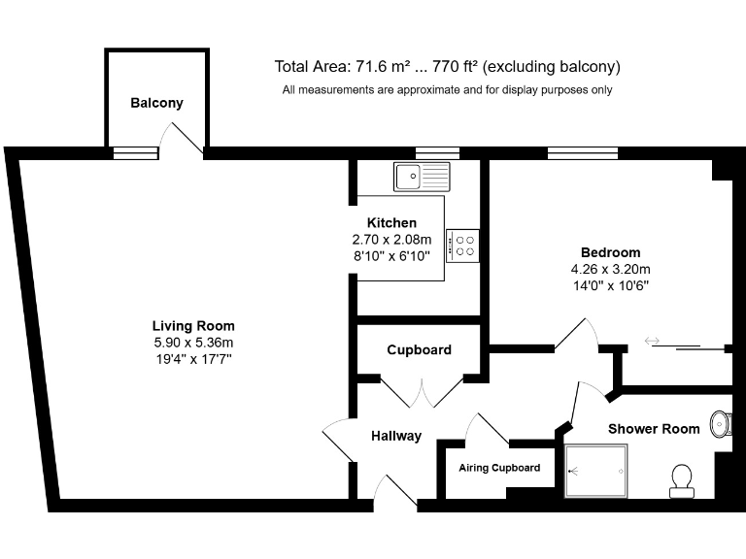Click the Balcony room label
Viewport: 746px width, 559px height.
point(156,103)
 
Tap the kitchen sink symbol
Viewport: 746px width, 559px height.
point(423,177)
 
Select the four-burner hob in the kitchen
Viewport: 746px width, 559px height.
point(462,245)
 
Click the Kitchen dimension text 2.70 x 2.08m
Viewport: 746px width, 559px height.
point(385,239)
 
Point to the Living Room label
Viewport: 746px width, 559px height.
point(193,326)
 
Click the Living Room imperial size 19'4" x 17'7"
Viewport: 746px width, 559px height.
point(193,359)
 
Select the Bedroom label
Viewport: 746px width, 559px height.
point(610,252)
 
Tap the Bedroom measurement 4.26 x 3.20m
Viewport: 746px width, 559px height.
point(610,269)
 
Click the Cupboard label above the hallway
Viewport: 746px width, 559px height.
point(419,350)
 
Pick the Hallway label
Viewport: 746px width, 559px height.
point(396,437)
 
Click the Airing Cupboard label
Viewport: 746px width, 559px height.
point(499,468)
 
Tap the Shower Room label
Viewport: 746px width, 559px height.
point(654,429)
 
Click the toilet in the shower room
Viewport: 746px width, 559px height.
point(682,479)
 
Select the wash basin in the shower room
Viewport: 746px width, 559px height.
point(721,423)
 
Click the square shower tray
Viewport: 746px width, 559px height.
point(596,472)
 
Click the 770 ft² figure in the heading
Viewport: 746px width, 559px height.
point(453,67)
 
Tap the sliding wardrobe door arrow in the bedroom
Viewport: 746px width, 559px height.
point(652,341)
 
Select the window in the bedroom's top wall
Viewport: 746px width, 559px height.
point(582,152)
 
